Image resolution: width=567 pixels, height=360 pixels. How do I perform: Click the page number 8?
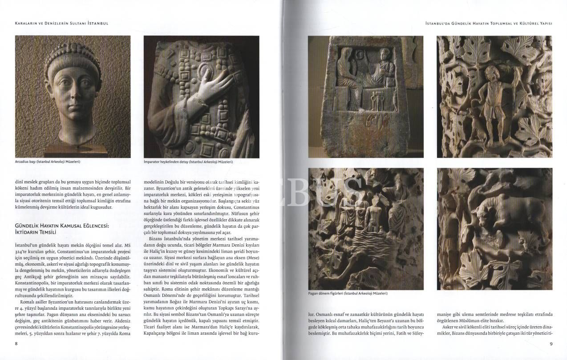coord(16,344)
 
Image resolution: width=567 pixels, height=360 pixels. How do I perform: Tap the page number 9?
coord(551,344)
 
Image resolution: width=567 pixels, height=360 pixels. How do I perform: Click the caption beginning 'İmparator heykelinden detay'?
coord(188,162)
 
